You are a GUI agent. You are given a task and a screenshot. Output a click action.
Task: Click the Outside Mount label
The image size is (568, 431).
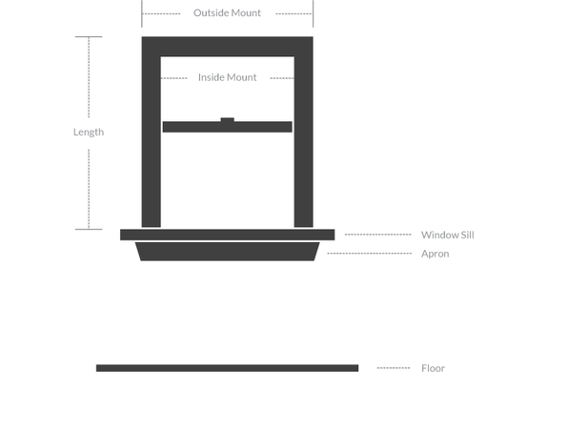coord(227,13)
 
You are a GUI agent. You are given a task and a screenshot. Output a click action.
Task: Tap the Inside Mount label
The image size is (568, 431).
coord(227,77)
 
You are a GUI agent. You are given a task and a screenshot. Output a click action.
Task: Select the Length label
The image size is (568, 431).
coord(89,133)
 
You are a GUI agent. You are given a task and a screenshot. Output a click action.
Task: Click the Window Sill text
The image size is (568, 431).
coord(447,235)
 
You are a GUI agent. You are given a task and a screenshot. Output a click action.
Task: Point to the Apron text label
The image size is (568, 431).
coord(436,254)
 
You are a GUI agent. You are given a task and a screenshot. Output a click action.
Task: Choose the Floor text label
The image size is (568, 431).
coord(433,368)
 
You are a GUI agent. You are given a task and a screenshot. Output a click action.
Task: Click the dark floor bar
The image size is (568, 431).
coord(227,368)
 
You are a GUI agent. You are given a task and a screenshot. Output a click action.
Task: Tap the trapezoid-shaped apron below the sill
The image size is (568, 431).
coord(227,251)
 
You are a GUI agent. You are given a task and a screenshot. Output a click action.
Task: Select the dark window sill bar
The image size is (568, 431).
coord(227,235)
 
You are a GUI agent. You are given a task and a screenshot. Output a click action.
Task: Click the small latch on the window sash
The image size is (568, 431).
coord(227,119)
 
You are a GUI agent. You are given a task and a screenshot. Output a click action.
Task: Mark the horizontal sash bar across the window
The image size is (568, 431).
coord(227,127)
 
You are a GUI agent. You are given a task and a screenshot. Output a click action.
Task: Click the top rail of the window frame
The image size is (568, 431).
coord(227,47)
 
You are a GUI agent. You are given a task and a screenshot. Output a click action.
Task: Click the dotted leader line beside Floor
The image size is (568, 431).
coord(394,368)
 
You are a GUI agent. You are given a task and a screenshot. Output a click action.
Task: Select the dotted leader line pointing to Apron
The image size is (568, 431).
coord(369,254)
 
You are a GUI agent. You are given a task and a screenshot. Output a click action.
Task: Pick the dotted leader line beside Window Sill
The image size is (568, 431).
coord(377,235)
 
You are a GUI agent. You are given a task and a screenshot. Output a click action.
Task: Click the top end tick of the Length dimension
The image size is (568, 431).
coord(89,36)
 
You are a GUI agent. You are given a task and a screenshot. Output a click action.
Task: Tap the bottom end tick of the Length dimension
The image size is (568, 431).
coord(89,229)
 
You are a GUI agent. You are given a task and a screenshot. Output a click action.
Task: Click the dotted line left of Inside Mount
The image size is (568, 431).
coord(173,78)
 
